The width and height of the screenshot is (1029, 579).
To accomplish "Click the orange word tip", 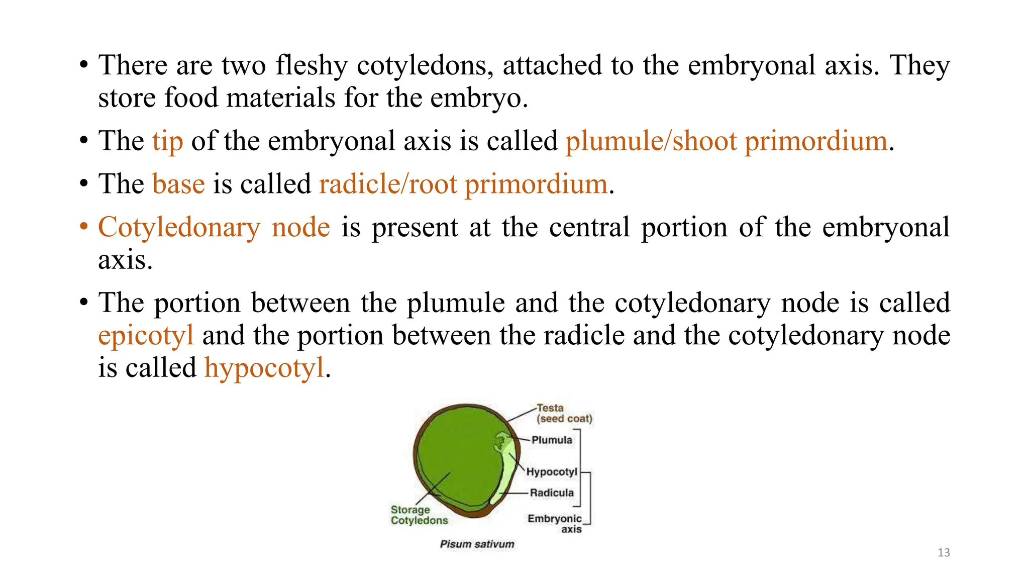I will [167, 141].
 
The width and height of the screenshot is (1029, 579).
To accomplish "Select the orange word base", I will [178, 184].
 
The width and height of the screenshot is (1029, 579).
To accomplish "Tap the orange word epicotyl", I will [146, 336].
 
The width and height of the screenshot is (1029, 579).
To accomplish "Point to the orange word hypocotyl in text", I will [264, 368].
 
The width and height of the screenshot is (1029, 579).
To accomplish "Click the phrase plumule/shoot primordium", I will [726, 141].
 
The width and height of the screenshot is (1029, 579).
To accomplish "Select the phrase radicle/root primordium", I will [463, 184].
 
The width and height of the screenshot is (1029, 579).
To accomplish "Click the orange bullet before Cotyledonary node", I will [84, 227].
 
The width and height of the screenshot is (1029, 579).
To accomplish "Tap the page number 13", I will [943, 553].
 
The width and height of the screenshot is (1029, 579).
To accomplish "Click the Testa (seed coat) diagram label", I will [563, 413].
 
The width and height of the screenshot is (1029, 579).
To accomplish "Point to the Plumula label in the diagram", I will [551, 440].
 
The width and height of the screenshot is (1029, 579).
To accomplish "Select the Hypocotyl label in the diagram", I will [551, 472].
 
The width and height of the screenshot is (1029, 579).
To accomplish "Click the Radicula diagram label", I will [551, 493].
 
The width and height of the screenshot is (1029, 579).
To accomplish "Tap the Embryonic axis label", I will [555, 524].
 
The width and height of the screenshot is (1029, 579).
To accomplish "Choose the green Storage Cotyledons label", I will [419, 515].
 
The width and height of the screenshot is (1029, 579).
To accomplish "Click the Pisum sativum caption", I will [477, 544].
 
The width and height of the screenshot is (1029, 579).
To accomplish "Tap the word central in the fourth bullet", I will [589, 228].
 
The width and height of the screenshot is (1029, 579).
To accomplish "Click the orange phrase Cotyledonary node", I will [214, 228].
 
